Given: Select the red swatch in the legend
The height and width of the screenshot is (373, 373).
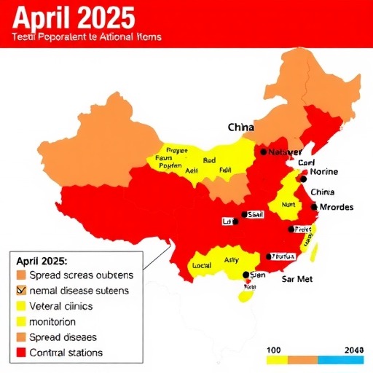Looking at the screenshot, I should click(20, 353).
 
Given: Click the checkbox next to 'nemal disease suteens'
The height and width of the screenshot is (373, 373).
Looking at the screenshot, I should click(20, 291).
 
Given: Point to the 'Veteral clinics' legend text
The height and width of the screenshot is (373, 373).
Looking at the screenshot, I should click(62, 306).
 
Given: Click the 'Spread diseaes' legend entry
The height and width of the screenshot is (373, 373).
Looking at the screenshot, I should click(62, 337).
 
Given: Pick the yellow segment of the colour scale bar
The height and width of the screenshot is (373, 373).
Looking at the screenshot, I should click(275, 360).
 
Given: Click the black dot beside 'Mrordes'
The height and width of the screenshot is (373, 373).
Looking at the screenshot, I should click(314, 207).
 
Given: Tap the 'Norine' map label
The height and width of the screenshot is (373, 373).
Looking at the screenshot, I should click(325, 172).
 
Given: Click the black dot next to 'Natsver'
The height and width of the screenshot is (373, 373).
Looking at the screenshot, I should click(263, 152).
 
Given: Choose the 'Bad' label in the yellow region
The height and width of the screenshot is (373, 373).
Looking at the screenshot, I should click(210, 160).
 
